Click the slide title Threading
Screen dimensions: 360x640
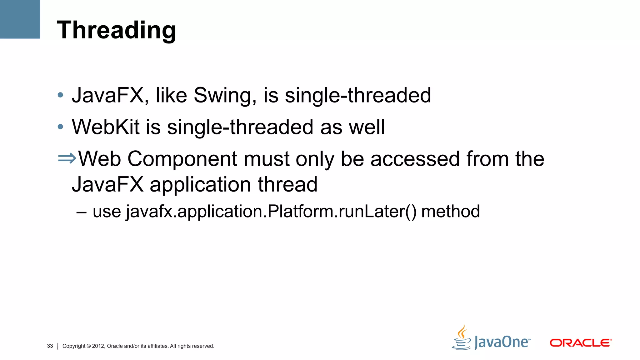point(116,30)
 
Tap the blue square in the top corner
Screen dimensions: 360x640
point(20,19)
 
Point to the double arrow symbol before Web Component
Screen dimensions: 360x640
point(67,158)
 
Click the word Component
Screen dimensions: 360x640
point(182,159)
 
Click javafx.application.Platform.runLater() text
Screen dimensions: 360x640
point(271,212)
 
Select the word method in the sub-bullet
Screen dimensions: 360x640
point(450,212)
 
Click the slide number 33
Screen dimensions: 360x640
point(50,346)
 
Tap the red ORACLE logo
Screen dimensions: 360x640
point(580,343)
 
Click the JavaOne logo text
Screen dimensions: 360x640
point(502,342)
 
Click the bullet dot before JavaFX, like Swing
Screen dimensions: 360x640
point(61,95)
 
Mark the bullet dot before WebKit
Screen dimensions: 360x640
point(61,127)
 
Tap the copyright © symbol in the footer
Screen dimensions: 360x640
point(89,346)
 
